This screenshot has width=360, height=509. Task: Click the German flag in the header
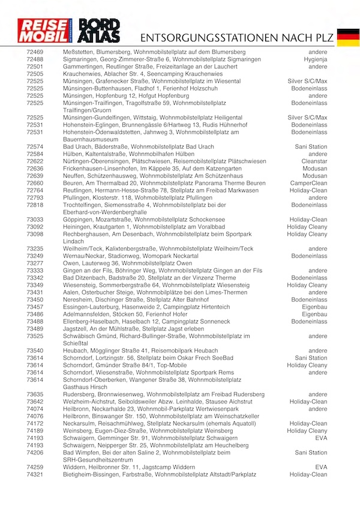(x=348, y=37)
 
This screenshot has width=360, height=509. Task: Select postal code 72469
(x=35, y=53)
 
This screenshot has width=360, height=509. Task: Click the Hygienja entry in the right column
(x=315, y=60)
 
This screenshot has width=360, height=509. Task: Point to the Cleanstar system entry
(x=314, y=161)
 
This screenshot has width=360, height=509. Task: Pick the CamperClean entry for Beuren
(x=310, y=183)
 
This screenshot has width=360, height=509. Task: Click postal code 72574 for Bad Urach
(x=35, y=147)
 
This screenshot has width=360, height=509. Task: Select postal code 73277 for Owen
(x=35, y=264)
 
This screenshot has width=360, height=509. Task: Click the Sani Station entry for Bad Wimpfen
(x=311, y=452)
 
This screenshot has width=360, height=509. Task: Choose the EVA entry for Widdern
(x=321, y=466)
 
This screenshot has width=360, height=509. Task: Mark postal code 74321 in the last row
(x=35, y=474)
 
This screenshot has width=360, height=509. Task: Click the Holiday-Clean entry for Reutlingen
(x=308, y=190)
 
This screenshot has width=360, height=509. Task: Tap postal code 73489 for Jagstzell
(x=35, y=329)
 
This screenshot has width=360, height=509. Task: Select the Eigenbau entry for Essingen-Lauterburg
(x=314, y=307)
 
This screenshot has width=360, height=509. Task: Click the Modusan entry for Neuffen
(x=314, y=176)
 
